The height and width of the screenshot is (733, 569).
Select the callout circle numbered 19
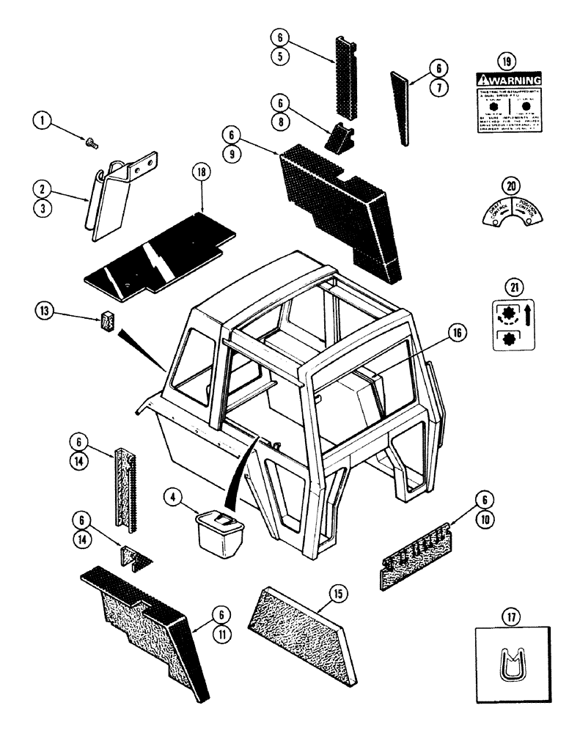(x=505, y=60)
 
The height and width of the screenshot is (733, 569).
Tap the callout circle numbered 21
(x=506, y=287)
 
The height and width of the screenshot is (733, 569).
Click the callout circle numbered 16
(x=458, y=333)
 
